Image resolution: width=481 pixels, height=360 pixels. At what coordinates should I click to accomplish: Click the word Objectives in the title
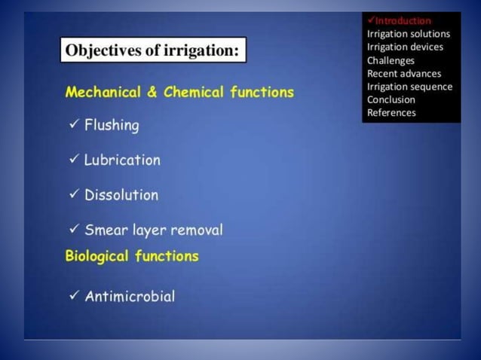click(x=102, y=51)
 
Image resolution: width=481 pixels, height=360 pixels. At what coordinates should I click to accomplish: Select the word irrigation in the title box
click(x=199, y=51)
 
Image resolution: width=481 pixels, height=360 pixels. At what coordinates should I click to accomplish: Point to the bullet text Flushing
click(x=112, y=126)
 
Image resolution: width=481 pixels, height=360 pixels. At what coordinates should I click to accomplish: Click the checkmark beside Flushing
click(x=73, y=125)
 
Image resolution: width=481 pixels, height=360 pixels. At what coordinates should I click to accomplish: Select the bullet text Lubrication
click(x=122, y=160)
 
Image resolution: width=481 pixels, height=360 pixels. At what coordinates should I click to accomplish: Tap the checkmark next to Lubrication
click(x=73, y=160)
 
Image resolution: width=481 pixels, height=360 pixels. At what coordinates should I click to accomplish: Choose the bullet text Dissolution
click(x=121, y=195)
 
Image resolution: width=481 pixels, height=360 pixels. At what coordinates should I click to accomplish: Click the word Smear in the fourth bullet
click(x=106, y=230)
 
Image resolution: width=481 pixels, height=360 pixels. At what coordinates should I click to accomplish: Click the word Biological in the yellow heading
click(x=98, y=256)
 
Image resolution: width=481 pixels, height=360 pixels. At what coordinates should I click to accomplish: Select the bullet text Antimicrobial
click(x=130, y=297)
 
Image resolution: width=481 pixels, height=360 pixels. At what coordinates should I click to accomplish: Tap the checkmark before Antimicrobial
click(x=73, y=296)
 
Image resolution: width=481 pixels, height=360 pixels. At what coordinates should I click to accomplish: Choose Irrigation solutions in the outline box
click(x=408, y=34)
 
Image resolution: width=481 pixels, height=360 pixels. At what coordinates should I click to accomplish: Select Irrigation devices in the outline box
click(x=405, y=47)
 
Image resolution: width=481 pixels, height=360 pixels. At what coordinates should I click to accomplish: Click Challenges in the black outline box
click(x=391, y=60)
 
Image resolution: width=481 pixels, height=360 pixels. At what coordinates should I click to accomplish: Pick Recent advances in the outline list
click(x=404, y=73)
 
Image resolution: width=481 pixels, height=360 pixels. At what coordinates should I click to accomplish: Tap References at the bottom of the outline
click(x=391, y=113)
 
